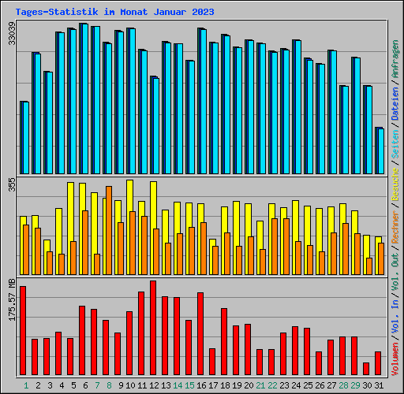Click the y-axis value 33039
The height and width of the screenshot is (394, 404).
(x=11, y=35)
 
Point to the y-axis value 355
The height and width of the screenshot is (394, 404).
(x=11, y=184)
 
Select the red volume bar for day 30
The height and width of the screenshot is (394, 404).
(x=366, y=369)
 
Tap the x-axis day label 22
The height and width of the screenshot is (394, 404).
(x=272, y=385)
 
